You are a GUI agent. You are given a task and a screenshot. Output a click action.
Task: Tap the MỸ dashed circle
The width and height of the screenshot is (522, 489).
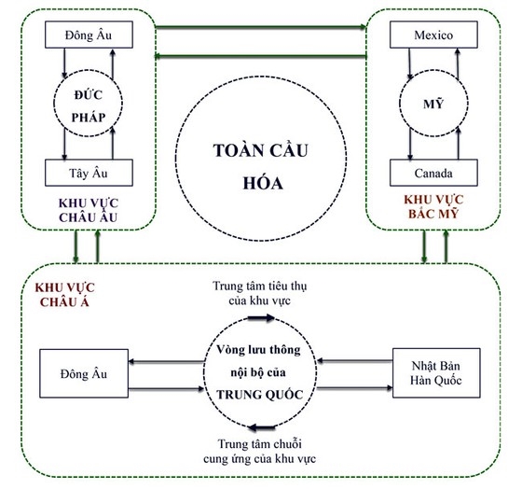426,105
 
